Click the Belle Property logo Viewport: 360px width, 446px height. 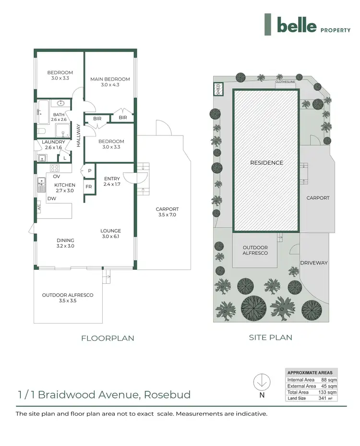click(x=302, y=25)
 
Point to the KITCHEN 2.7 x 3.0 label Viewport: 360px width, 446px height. click(x=64, y=187)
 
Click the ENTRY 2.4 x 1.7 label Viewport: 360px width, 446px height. click(x=112, y=181)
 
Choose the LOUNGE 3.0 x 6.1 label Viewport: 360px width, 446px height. click(x=110, y=233)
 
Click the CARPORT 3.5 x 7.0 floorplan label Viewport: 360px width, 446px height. click(x=167, y=212)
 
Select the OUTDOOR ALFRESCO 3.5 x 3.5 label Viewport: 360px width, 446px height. click(x=68, y=298)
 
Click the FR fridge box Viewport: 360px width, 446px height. click(x=89, y=186)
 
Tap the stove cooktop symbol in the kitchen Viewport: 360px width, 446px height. click(x=55, y=168)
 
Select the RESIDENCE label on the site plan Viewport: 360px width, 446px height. click(x=266, y=163)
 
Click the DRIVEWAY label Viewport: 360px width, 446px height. click(x=313, y=263)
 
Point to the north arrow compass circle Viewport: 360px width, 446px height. click(x=262, y=382)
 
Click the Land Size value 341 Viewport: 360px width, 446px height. click(x=324, y=398)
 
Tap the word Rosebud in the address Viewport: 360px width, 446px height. click(x=167, y=395)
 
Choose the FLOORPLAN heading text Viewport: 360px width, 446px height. click(x=108, y=338)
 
